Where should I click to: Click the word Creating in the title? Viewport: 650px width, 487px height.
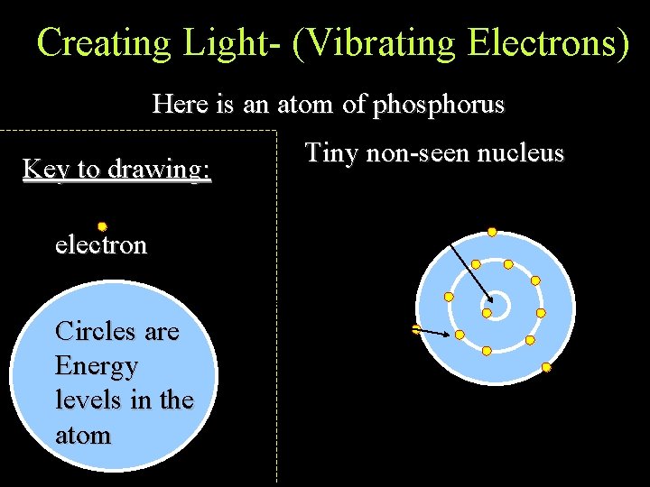tap(103, 42)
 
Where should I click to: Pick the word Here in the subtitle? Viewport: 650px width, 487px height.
tap(180, 105)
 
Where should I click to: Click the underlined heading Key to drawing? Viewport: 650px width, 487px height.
tap(116, 169)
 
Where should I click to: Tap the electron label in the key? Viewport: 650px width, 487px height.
tap(100, 244)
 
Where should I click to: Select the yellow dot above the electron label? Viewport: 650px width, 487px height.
tap(103, 226)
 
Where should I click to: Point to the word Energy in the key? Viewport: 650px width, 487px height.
tap(97, 366)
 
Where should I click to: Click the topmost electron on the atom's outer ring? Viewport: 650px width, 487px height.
tap(492, 232)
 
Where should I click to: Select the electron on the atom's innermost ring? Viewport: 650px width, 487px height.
tap(487, 313)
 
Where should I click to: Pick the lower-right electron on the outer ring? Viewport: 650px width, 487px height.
tap(546, 367)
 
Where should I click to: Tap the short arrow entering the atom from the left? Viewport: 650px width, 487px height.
tap(433, 332)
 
